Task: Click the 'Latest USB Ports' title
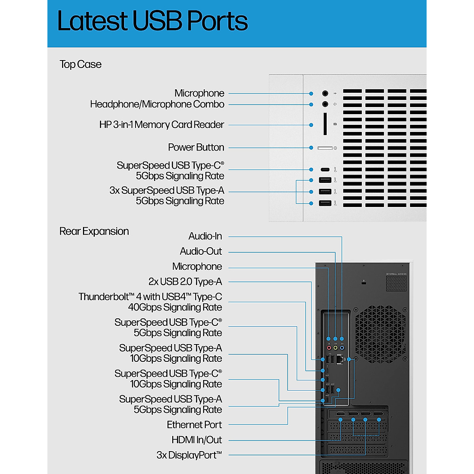click(152, 21)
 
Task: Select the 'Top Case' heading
click(81, 64)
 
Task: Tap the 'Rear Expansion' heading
click(94, 231)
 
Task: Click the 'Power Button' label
click(196, 147)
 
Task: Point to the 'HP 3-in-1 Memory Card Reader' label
click(162, 125)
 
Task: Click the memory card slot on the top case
click(325, 124)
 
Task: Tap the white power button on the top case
click(325, 148)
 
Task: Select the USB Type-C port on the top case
click(325, 169)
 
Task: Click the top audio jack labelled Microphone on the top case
click(325, 94)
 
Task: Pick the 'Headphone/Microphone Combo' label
click(157, 104)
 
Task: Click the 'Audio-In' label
click(205, 236)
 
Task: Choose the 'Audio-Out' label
click(201, 251)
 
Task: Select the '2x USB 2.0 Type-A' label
click(185, 282)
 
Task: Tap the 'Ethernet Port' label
click(194, 425)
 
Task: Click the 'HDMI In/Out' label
click(197, 440)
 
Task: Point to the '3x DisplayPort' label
click(189, 455)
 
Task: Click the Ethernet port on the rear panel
click(339, 359)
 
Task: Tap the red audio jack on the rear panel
click(329, 348)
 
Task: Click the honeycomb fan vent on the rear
click(380, 334)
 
